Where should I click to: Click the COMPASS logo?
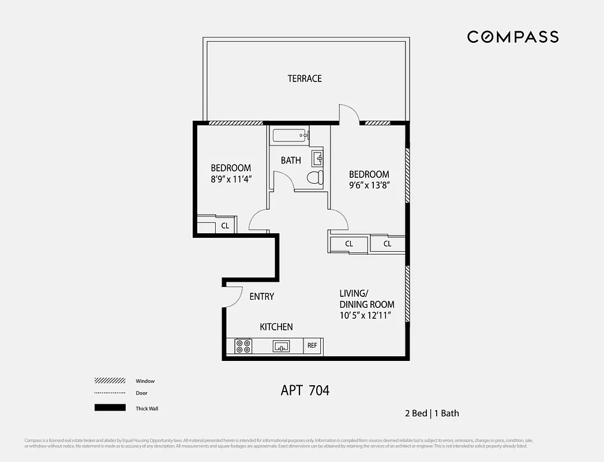[x=512, y=37]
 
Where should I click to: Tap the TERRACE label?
[x=305, y=79]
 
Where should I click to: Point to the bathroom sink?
[x=318, y=158]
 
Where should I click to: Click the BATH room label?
[x=291, y=161]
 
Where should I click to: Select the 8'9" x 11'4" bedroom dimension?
[x=231, y=179]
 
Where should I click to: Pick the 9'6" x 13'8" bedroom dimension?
[x=369, y=185]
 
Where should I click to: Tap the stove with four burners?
[x=243, y=346]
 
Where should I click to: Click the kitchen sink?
[x=282, y=346]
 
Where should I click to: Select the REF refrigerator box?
[x=312, y=346]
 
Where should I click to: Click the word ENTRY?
[x=261, y=296]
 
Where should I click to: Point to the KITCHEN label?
[x=276, y=327]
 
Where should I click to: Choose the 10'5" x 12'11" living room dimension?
[x=366, y=315]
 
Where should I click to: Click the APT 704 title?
[x=305, y=390]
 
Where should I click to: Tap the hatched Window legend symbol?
[x=110, y=381]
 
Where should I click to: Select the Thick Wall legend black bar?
[x=110, y=408]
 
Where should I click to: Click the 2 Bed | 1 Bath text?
[x=432, y=413]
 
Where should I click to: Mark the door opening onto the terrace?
[x=349, y=114]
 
